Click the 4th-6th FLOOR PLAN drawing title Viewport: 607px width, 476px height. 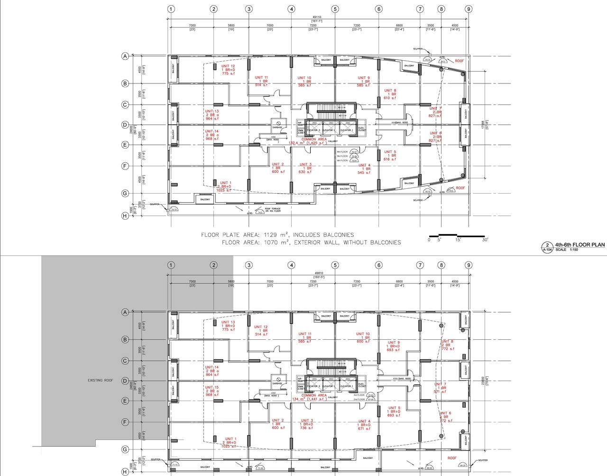pyautogui.click(x=579, y=245)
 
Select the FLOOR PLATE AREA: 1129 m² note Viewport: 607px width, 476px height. pyautogui.click(x=277, y=235)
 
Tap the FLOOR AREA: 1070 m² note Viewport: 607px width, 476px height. pyautogui.click(x=311, y=243)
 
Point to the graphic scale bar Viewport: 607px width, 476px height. pyautogui.click(x=458, y=236)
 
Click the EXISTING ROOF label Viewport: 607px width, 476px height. pyautogui.click(x=101, y=380)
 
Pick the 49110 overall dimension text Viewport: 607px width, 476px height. pyautogui.click(x=317, y=17)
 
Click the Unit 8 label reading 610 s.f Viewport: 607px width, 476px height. pyautogui.click(x=390, y=94)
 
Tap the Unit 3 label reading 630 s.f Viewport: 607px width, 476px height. pyautogui.click(x=305, y=168)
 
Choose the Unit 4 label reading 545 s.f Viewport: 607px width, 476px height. pyautogui.click(x=364, y=169)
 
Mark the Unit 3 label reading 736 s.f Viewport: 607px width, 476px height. pyautogui.click(x=307, y=424)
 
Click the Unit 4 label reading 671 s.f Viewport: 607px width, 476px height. pyautogui.click(x=364, y=425)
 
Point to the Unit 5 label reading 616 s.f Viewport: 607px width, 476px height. pyautogui.click(x=390, y=156)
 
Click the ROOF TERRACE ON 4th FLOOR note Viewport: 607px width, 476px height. pyautogui.click(x=273, y=210)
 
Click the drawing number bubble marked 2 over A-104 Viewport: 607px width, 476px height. pyautogui.click(x=547, y=247)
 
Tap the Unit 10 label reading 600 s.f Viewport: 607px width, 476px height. pyautogui.click(x=363, y=337)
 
